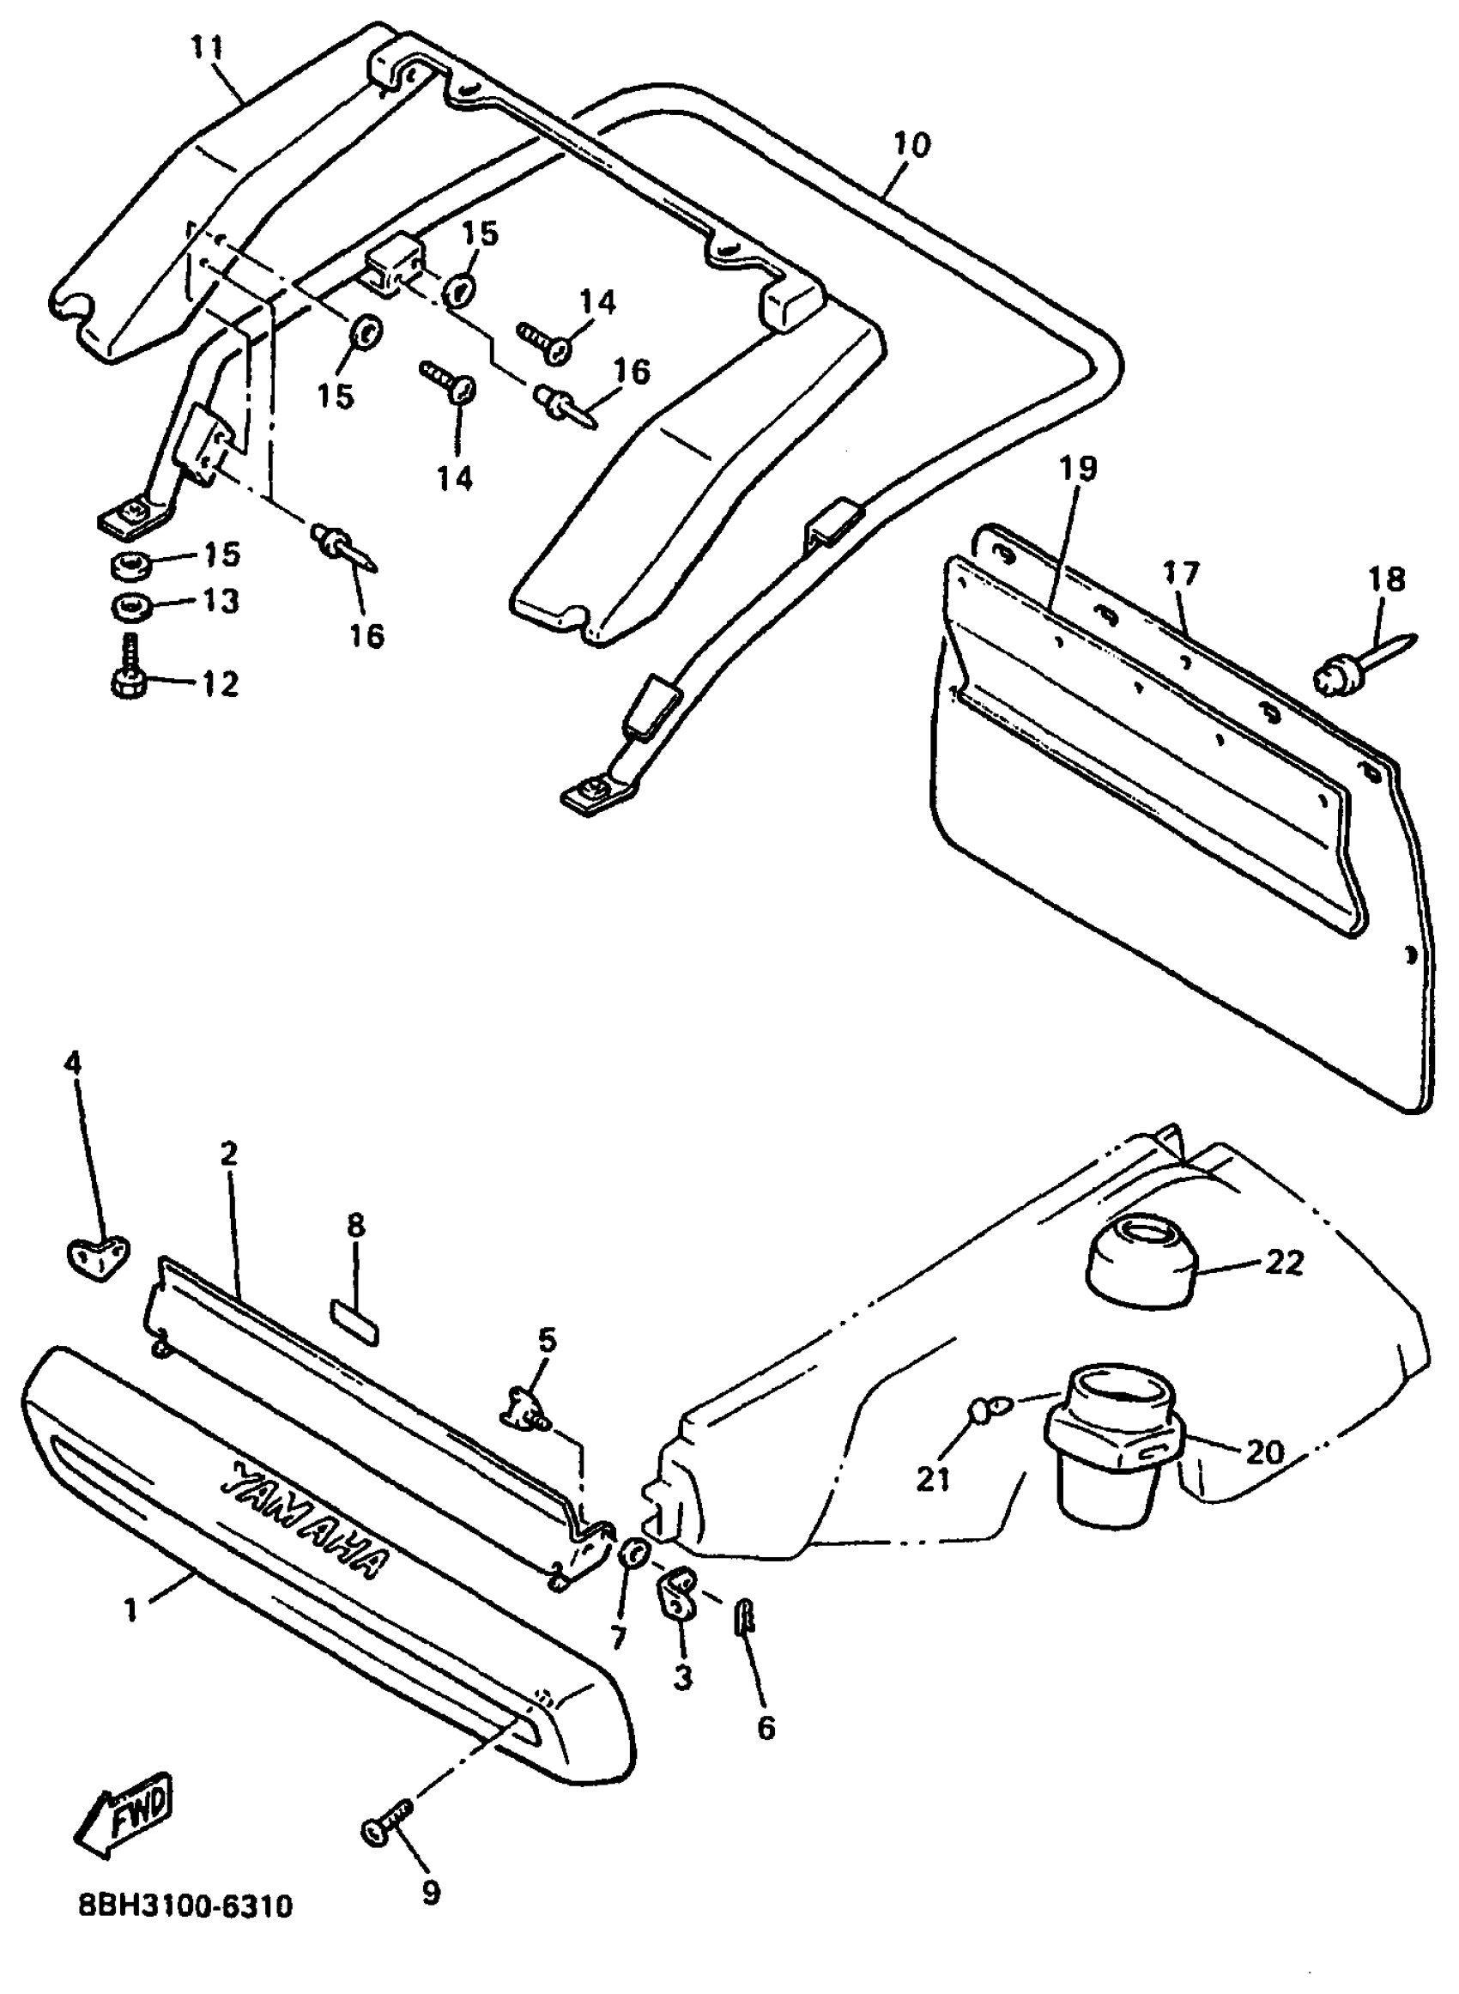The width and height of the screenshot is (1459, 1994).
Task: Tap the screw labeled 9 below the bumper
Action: pyautogui.click(x=385, y=1827)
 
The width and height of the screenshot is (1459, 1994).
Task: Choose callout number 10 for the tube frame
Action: pyautogui.click(x=911, y=144)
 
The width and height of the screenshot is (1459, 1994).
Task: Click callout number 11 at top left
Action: pyautogui.click(x=208, y=48)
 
